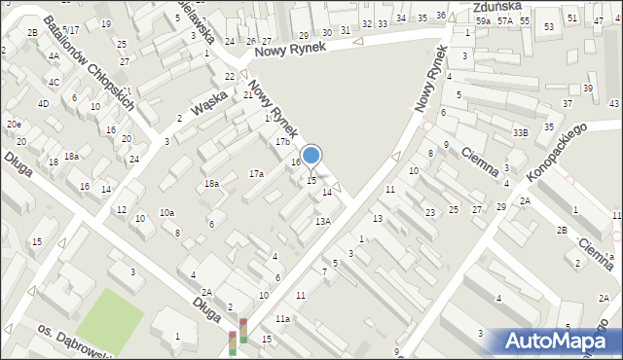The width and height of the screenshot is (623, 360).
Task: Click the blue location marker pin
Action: pyautogui.click(x=311, y=156)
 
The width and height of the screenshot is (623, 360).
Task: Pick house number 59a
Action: pyautogui.click(x=483, y=20)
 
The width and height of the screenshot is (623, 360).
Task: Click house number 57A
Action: pyautogui.click(x=503, y=20)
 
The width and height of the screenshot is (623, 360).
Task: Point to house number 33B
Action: pyautogui.click(x=521, y=132)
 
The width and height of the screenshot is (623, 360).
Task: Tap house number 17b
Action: pyautogui.click(x=282, y=142)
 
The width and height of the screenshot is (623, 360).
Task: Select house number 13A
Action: pyautogui.click(x=322, y=222)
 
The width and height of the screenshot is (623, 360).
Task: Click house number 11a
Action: pyautogui.click(x=282, y=319)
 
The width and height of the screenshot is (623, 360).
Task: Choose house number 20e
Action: pyautogui.click(x=14, y=125)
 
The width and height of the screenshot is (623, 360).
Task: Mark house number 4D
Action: pyautogui.click(x=43, y=103)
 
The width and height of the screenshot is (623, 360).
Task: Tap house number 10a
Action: pyautogui.click(x=167, y=212)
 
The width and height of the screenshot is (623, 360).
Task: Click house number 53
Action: pyautogui.click(x=549, y=26)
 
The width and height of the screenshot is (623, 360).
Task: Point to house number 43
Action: pyautogui.click(x=613, y=103)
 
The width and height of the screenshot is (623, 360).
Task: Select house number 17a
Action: pyautogui.click(x=256, y=173)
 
